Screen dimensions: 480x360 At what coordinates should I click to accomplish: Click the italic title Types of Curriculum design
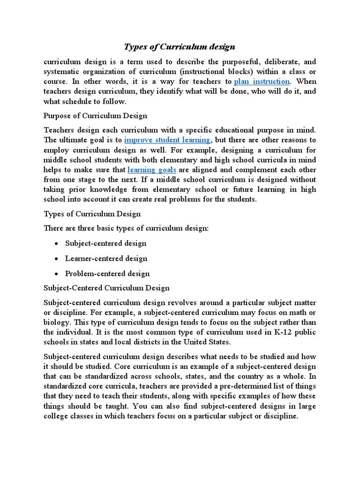pyautogui.click(x=180, y=47)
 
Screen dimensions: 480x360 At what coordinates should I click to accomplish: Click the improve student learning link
pyautogui.click(x=167, y=140)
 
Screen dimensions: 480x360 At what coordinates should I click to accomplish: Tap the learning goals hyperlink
pyautogui.click(x=152, y=170)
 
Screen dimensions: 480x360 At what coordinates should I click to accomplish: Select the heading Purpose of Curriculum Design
pyautogui.click(x=95, y=115)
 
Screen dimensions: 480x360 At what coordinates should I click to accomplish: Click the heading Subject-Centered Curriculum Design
pyautogui.click(x=106, y=288)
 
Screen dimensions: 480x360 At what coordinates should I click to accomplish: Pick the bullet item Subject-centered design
pyautogui.click(x=105, y=243)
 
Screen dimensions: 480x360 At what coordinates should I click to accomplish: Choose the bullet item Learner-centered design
pyautogui.click(x=106, y=258)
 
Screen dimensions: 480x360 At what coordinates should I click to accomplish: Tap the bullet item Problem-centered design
pyautogui.click(x=107, y=273)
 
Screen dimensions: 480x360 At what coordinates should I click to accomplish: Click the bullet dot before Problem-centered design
pyautogui.click(x=56, y=274)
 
